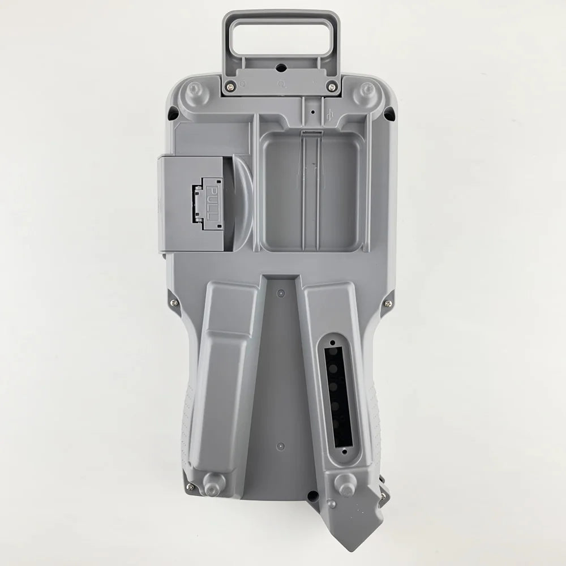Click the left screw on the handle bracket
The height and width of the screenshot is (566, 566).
pyautogui.click(x=230, y=85)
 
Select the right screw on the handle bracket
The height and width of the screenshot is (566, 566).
pyautogui.click(x=331, y=85)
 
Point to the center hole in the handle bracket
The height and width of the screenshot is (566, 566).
pyautogui.click(x=280, y=67)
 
